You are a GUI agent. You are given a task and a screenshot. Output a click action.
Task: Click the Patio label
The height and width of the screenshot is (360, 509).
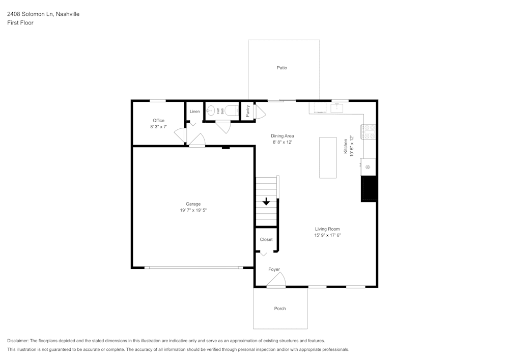click(x=281, y=68)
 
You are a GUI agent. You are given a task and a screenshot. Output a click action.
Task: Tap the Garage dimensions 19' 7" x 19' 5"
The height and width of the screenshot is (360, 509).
click(x=193, y=210)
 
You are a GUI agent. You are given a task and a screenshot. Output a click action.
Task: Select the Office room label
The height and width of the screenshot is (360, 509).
click(x=158, y=121)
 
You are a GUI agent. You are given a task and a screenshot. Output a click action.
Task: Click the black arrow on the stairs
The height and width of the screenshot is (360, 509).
click(x=266, y=202)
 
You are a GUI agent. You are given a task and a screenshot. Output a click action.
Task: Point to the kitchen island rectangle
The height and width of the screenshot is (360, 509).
click(x=328, y=157)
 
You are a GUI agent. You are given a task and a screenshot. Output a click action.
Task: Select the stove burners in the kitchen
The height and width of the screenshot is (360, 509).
click(x=369, y=132)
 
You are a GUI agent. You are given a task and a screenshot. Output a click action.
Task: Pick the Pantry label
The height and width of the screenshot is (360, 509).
click(x=247, y=111)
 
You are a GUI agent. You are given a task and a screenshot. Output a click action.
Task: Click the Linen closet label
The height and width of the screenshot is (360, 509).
click(x=194, y=112)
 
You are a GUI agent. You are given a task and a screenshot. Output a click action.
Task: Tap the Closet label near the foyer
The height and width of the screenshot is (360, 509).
click(x=266, y=239)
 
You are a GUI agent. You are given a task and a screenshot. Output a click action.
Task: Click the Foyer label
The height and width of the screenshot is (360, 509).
click(x=274, y=269)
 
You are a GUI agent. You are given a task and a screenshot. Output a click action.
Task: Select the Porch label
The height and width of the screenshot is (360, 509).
click(x=280, y=309)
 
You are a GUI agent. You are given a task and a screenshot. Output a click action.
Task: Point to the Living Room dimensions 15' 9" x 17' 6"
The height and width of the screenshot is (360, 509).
click(x=327, y=235)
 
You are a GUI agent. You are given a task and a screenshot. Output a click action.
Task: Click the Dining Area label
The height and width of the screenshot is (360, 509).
click(x=282, y=136)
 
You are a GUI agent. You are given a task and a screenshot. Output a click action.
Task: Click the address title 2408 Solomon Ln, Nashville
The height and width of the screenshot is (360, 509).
click(x=43, y=14)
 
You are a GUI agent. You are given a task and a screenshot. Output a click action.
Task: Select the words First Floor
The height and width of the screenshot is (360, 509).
click(x=20, y=23)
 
